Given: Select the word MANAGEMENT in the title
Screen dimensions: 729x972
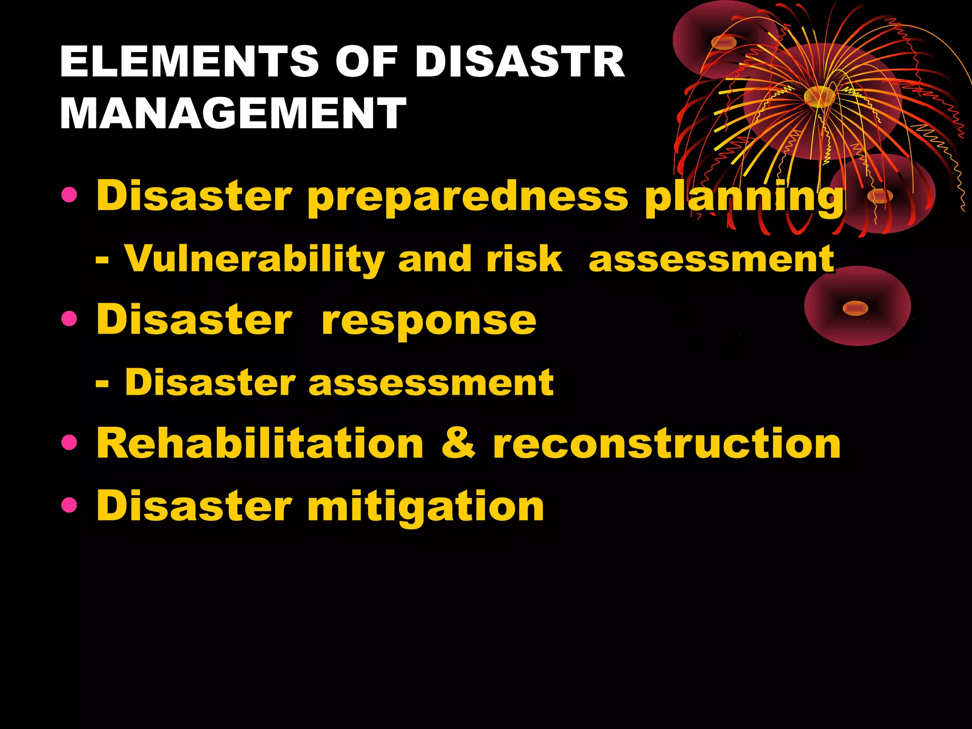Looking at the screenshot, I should click(233, 113).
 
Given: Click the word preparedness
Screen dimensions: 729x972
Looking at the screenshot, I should click(467, 197).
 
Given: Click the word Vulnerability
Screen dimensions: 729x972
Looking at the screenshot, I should click(254, 260).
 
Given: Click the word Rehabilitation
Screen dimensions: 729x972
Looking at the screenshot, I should click(260, 443).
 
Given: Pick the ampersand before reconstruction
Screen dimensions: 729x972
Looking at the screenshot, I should click(458, 443).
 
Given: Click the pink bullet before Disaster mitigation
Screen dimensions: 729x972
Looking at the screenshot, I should click(69, 505).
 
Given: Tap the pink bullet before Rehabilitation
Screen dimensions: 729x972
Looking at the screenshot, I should click(69, 443).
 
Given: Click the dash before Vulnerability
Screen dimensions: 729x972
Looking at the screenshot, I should click(102, 260).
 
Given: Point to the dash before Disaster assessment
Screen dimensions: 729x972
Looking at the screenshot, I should click(102, 383).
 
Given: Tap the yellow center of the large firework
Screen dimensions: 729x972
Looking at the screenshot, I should click(819, 96).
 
